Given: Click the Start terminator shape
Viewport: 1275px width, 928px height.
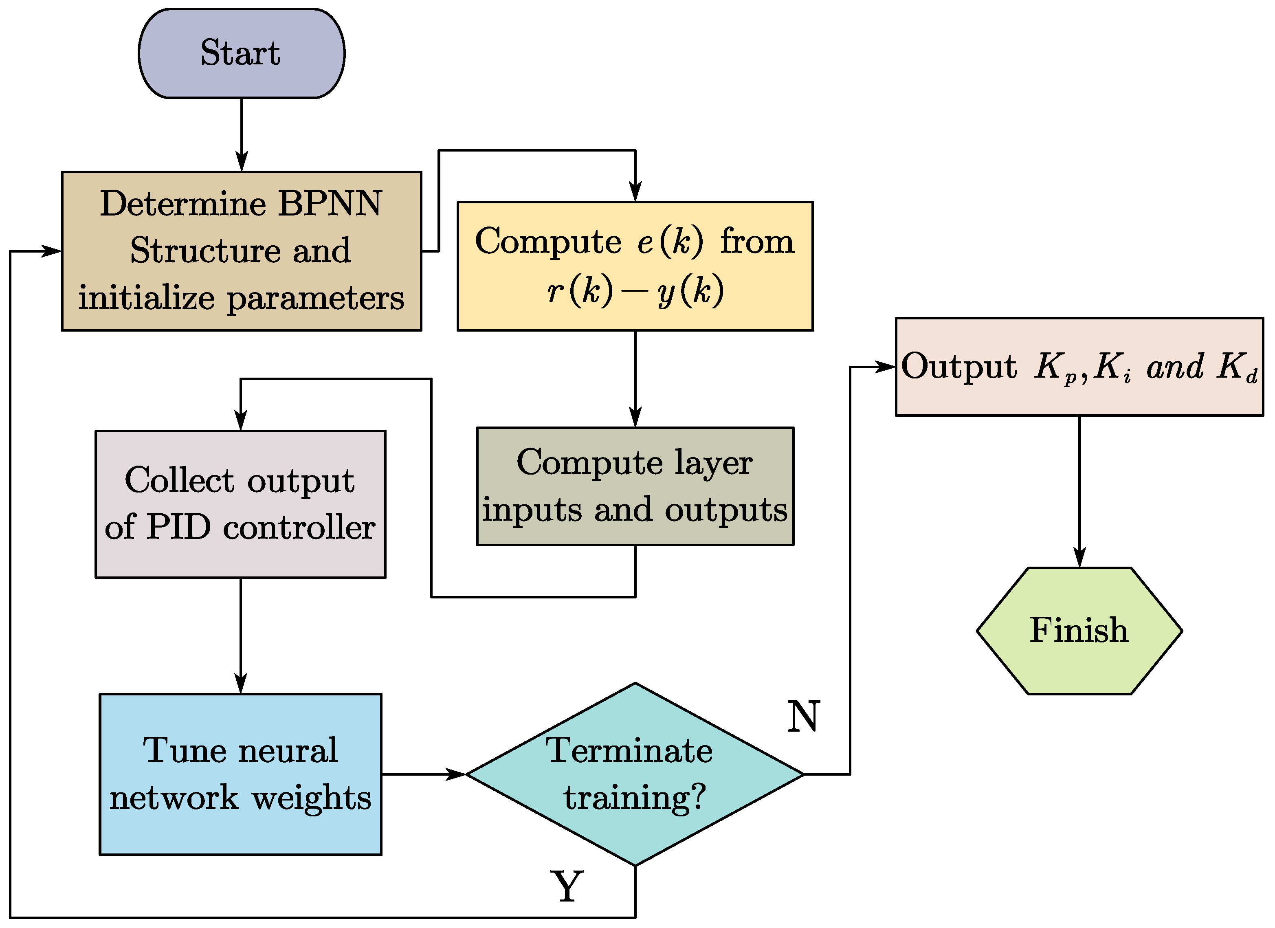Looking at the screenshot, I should click(241, 53).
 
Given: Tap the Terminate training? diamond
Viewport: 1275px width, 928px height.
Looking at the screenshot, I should click(635, 774).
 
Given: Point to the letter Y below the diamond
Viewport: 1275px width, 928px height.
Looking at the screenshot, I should click(567, 886).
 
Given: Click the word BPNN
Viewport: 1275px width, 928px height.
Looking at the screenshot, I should click(330, 203).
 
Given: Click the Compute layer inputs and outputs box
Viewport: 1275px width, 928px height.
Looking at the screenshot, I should click(635, 486).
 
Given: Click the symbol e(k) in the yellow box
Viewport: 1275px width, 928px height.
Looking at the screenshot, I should click(670, 242).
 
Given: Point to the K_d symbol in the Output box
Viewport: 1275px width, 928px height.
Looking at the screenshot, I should click(1237, 367).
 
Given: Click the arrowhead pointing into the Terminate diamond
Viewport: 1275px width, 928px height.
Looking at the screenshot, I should click(457, 774).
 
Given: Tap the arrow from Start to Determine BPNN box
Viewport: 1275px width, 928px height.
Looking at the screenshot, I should click(241, 135).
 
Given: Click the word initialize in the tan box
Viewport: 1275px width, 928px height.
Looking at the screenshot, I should click(146, 297).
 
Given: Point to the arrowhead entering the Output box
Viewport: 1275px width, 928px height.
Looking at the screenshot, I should click(886, 367).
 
